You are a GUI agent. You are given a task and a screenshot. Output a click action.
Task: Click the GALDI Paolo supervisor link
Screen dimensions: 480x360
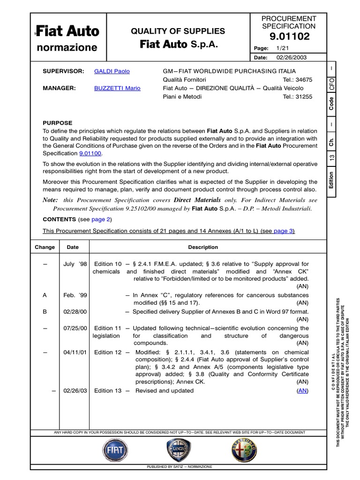pyautogui.click(x=112, y=71)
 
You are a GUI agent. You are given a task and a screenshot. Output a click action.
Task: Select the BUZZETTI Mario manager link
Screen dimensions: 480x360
pyautogui.click(x=117, y=88)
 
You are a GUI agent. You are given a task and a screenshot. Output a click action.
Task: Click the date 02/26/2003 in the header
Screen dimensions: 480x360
pyautogui.click(x=287, y=57)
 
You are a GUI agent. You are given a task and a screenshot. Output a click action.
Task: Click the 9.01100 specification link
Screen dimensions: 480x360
pyautogui.click(x=91, y=154)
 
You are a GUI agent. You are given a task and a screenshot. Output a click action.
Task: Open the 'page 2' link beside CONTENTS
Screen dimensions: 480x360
pyautogui.click(x=100, y=219)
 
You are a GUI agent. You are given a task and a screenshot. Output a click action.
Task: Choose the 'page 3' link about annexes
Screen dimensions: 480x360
pyautogui.click(x=283, y=231)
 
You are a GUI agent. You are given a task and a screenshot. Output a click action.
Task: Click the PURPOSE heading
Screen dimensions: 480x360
pyautogui.click(x=58, y=123)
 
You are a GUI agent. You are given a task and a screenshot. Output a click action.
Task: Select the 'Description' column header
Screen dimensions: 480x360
pyautogui.click(x=203, y=247)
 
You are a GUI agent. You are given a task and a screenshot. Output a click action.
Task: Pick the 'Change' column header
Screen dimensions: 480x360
pyautogui.click(x=45, y=247)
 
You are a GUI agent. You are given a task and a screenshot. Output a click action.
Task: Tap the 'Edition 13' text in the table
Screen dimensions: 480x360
pyautogui.click(x=108, y=390)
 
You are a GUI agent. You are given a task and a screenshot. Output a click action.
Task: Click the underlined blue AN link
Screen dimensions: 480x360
pyautogui.click(x=303, y=390)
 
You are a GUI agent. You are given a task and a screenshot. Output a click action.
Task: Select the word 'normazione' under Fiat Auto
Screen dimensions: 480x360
pyautogui.click(x=67, y=47)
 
